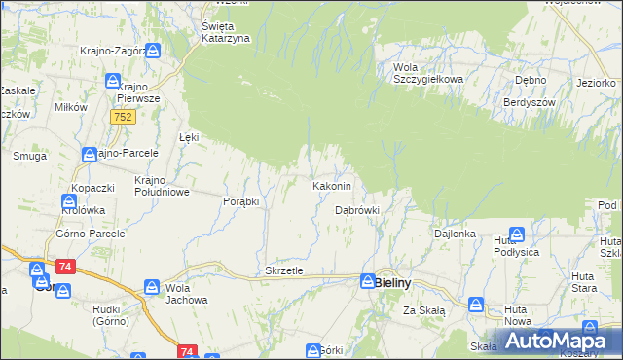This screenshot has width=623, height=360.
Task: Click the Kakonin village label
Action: click(x=331, y=185)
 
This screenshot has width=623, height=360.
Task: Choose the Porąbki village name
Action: click(x=240, y=201)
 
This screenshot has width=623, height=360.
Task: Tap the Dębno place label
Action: click(x=531, y=81)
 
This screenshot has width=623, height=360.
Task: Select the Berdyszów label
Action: click(x=530, y=102)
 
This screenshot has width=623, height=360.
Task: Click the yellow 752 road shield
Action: click(x=123, y=117)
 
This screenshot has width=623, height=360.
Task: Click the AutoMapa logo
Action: click(x=555, y=341)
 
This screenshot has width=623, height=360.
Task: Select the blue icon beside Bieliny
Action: click(x=367, y=282)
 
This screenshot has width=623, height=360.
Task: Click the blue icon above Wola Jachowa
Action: click(x=152, y=287)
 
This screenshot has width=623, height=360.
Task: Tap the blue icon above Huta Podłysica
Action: click(x=517, y=234)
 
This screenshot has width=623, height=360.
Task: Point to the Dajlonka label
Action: click(x=455, y=234)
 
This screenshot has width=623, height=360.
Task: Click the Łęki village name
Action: click(x=189, y=137)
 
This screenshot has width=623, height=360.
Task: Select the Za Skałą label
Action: click(x=424, y=310)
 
